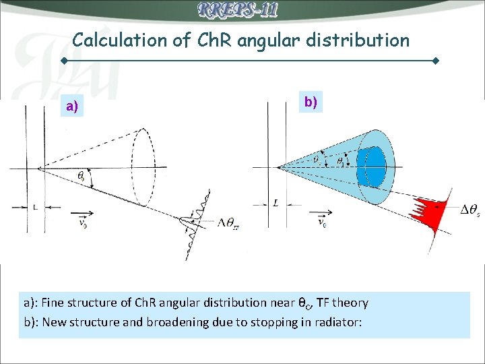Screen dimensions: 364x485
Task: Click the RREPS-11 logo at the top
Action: (238, 10)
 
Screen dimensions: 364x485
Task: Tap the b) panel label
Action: (311, 102)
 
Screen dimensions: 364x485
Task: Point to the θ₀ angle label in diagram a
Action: (81, 177)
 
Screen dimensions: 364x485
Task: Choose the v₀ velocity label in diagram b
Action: (323, 222)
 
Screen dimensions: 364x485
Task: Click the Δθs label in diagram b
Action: (470, 212)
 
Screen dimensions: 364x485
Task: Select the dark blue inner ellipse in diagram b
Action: (372, 165)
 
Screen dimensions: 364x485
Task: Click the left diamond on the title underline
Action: (64, 61)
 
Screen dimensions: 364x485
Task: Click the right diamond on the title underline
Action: (436, 61)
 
